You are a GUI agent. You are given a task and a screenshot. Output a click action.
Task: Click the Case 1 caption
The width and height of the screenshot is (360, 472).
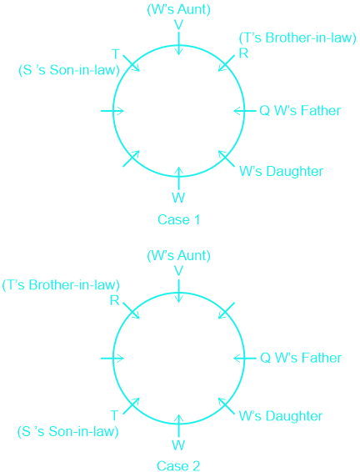pyautogui.click(x=178, y=220)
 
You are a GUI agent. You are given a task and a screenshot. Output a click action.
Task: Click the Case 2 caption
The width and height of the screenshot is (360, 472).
pyautogui.click(x=178, y=465)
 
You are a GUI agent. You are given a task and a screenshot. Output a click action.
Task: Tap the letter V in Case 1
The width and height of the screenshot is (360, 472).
pyautogui.click(x=178, y=25)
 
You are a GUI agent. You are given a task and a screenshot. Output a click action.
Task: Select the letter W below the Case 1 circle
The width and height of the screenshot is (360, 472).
pyautogui.click(x=178, y=198)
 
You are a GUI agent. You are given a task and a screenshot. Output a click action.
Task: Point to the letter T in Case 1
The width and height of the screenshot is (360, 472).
pyautogui.click(x=116, y=54)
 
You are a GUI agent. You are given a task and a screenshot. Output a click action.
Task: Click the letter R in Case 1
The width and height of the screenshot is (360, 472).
pyautogui.click(x=243, y=53)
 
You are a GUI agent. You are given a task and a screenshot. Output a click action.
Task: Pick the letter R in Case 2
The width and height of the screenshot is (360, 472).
pyautogui.click(x=115, y=300)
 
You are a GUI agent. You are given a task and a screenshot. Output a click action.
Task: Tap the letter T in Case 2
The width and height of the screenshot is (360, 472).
pyautogui.click(x=114, y=415)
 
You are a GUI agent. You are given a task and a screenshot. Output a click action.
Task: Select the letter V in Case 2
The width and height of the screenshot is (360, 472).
pyautogui.click(x=178, y=271)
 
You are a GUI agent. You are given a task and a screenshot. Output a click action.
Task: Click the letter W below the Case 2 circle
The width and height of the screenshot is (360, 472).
pyautogui.click(x=178, y=445)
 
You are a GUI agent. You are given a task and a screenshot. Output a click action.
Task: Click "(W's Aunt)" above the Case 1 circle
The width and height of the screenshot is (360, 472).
pyautogui.click(x=178, y=10)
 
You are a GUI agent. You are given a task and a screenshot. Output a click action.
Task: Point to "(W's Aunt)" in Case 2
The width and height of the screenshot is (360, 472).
pyautogui.click(x=178, y=256)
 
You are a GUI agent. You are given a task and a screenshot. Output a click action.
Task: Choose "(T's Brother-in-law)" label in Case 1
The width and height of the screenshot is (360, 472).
pyautogui.click(x=297, y=38)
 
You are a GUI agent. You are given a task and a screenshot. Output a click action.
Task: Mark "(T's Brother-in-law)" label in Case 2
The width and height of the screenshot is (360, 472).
pyautogui.click(x=61, y=285)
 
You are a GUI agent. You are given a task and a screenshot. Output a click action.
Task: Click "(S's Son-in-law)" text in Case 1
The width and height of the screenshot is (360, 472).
pyautogui.click(x=69, y=70)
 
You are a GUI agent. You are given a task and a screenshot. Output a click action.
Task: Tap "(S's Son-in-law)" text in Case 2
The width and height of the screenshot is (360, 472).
pyautogui.click(x=68, y=432)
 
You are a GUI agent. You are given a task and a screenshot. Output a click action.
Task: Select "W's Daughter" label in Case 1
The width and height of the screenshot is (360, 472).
pyautogui.click(x=281, y=172)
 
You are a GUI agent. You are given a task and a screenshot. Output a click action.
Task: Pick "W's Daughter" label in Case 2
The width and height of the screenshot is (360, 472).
pyautogui.click(x=281, y=416)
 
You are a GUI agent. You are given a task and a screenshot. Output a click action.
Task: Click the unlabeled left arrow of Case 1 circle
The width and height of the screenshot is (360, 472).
pyautogui.click(x=112, y=111)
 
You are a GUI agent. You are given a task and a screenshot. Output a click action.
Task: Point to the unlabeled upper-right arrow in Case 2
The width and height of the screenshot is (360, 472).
pyautogui.click(x=226, y=310)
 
